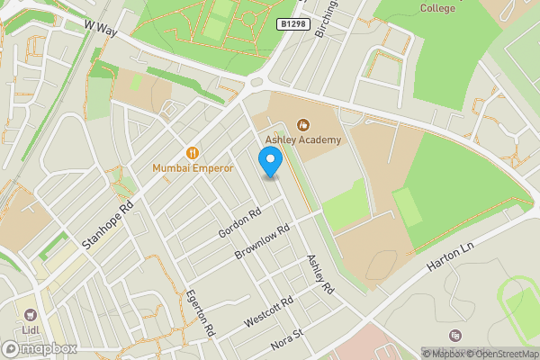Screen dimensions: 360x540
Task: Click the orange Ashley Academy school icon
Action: coord(303,125)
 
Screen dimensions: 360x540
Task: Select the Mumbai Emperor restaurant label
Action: coord(193,167)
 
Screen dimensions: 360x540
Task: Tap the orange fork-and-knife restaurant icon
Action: coord(192,152)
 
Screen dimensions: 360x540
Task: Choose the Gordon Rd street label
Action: coord(238,221)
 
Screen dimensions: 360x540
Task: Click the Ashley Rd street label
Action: coord(320,274)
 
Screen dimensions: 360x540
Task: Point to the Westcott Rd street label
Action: coord(269,312)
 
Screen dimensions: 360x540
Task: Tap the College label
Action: coord(437,7)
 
